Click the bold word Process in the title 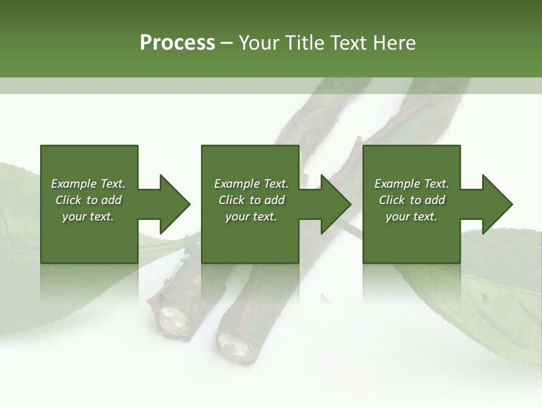[x=177, y=43]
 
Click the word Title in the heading [x=303, y=43]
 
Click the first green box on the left [x=89, y=237]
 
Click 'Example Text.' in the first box [x=88, y=184]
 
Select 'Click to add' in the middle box [x=251, y=200]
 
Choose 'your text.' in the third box [x=412, y=217]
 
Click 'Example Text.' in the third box [x=412, y=184]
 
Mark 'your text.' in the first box [x=88, y=217]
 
